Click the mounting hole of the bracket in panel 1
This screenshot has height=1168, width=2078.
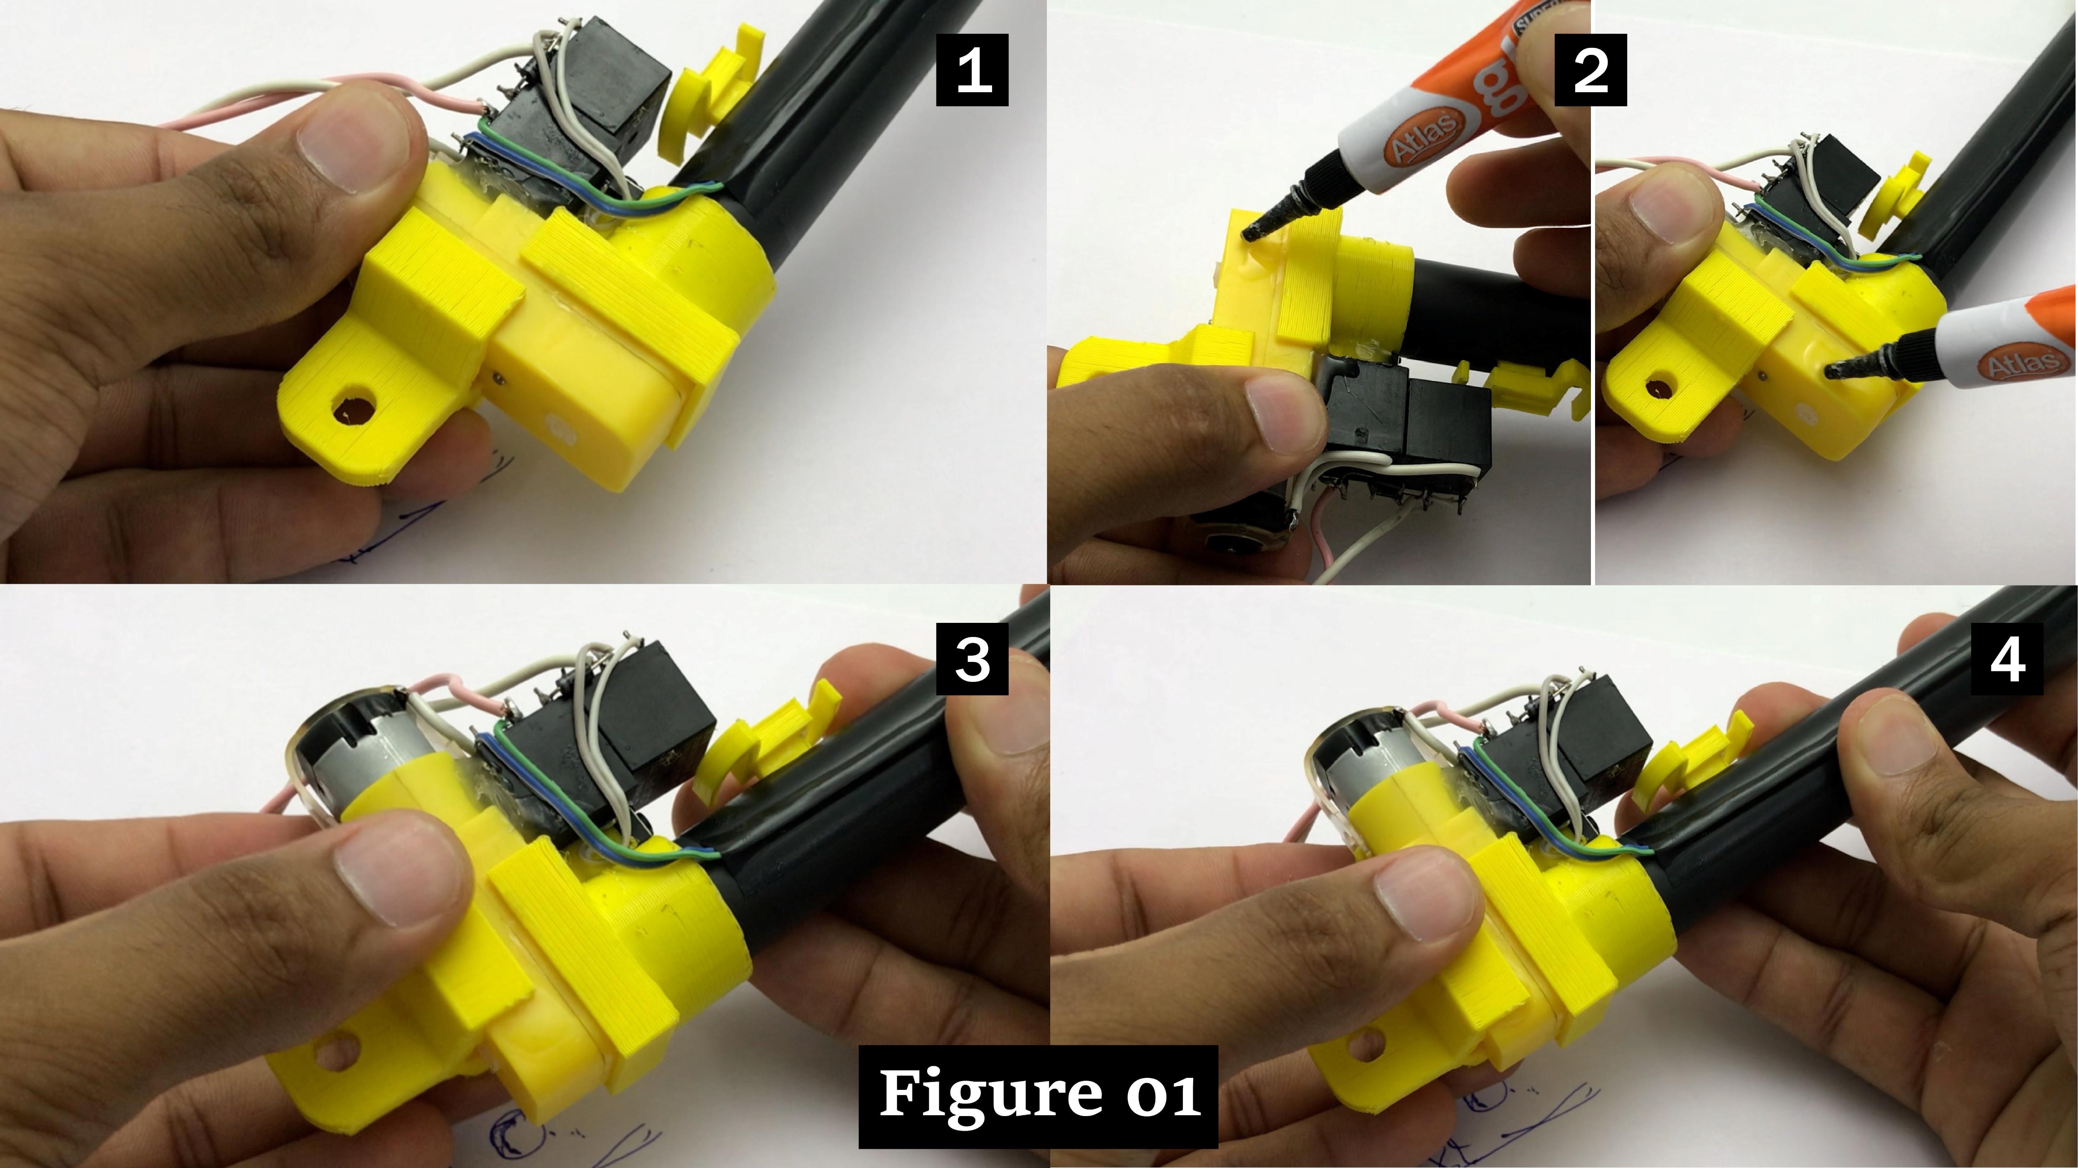pyautogui.click(x=352, y=408)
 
